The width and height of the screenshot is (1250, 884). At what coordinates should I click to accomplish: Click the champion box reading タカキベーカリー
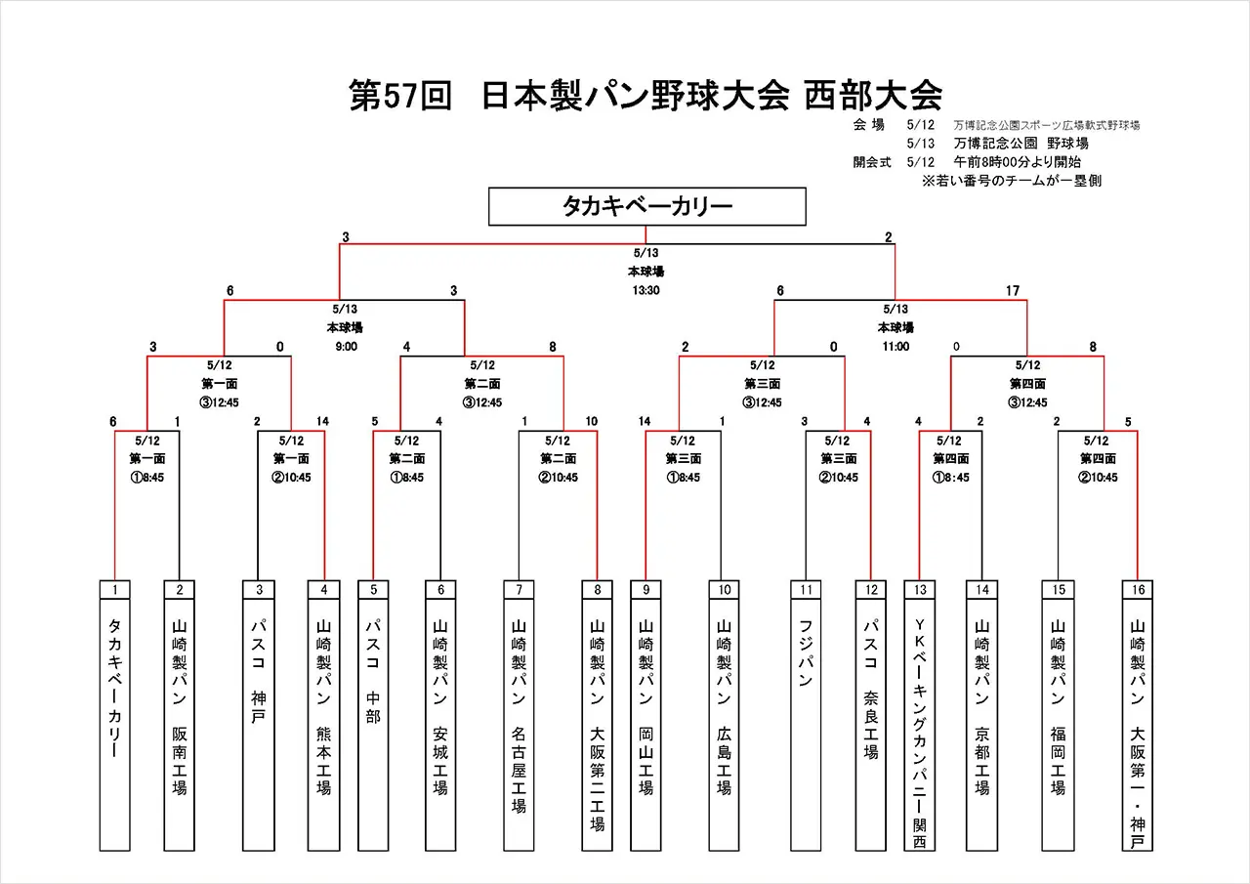[646, 207]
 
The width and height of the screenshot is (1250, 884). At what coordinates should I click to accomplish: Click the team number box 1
[115, 590]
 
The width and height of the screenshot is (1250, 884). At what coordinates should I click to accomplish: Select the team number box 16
[1138, 590]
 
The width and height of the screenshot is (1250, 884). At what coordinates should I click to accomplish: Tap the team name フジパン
[806, 652]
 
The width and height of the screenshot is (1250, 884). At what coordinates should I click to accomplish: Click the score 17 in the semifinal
[1012, 291]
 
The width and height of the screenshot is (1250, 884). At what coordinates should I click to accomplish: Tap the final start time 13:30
[646, 289]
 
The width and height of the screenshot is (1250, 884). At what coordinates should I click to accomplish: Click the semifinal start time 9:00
[346, 346]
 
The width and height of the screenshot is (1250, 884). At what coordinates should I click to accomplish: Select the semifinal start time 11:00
[896, 346]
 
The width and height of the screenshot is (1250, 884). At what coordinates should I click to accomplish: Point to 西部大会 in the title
[873, 96]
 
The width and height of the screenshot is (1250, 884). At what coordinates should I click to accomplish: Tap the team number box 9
[646, 590]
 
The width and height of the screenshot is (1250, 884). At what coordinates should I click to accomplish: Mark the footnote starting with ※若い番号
[1012, 181]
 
